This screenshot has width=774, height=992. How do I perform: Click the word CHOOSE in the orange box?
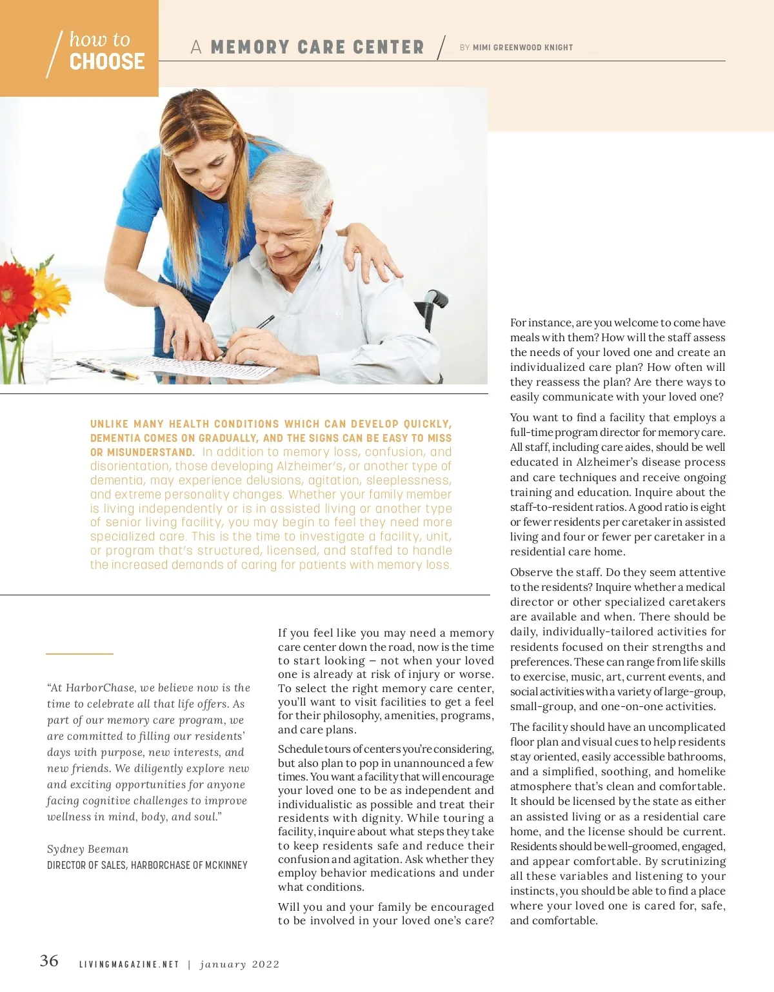pyautogui.click(x=107, y=62)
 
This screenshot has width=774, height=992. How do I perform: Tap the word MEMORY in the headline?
pyautogui.click(x=250, y=48)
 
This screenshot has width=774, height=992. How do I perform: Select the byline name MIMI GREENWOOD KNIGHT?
pyautogui.click(x=522, y=48)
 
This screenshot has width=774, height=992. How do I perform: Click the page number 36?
pyautogui.click(x=49, y=961)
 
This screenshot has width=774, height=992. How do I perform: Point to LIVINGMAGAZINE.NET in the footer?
pyautogui.click(x=129, y=965)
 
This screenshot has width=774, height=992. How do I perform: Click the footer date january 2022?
pyautogui.click(x=240, y=965)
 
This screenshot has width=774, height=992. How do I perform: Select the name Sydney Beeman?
pyautogui.click(x=88, y=849)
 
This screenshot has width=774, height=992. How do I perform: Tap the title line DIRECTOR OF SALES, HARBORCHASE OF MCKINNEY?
pyautogui.click(x=147, y=865)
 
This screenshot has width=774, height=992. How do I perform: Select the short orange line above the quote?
pyautogui.click(x=79, y=654)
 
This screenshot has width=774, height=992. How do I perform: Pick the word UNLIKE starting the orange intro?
pyautogui.click(x=110, y=424)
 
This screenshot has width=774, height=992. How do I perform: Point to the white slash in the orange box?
pyautogui.click(x=55, y=54)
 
